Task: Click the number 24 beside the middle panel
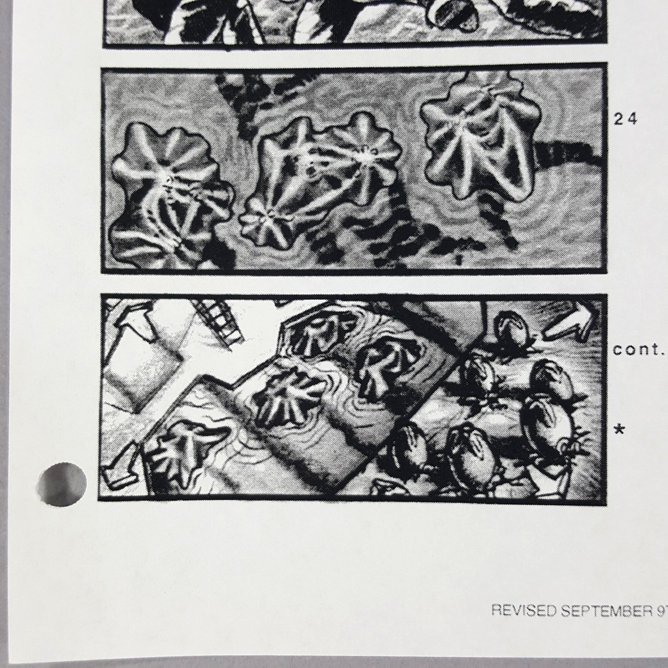(x=625, y=119)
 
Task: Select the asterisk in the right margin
(x=620, y=430)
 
